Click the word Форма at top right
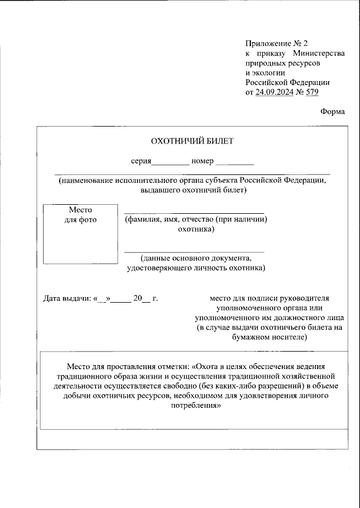pos(333,111)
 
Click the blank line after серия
pos(170,163)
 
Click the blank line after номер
pos(235,163)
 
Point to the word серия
pos(141,161)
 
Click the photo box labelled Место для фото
pos(81,234)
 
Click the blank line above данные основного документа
pos(194,251)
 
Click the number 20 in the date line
pos(138,298)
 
